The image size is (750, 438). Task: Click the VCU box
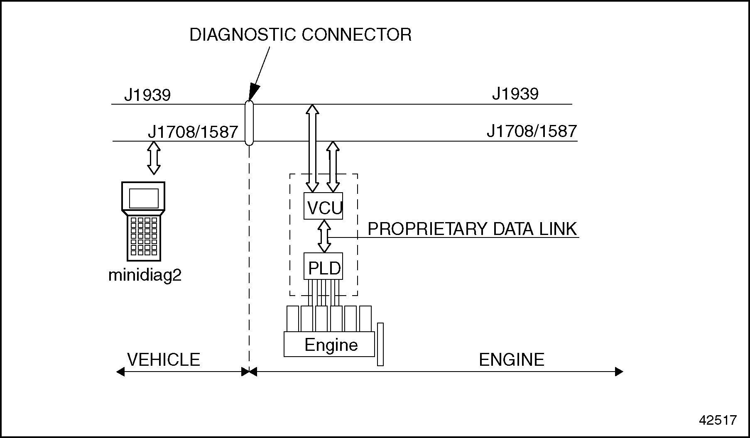point(324,206)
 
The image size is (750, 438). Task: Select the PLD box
point(324,267)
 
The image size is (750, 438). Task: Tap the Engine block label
point(331,345)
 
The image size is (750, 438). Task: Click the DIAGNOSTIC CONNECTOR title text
point(300,35)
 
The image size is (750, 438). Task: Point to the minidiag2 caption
point(145,276)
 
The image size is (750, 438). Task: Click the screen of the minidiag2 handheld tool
point(144,198)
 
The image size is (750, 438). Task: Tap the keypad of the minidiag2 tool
point(144,235)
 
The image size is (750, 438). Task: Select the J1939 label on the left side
point(147,95)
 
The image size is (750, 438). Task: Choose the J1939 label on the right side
point(515,94)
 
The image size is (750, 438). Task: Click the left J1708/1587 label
point(193,132)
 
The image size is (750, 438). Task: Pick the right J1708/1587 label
point(532,131)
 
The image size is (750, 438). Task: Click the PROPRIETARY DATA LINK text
point(472,229)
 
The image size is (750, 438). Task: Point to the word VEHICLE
point(164,360)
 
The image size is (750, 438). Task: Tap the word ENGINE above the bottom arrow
point(511,360)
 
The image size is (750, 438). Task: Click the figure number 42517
point(718,420)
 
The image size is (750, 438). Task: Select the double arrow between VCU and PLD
point(324,236)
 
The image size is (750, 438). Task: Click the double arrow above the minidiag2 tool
point(154,158)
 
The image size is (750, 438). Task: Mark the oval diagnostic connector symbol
point(249,123)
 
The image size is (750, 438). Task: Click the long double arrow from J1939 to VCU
point(312,148)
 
